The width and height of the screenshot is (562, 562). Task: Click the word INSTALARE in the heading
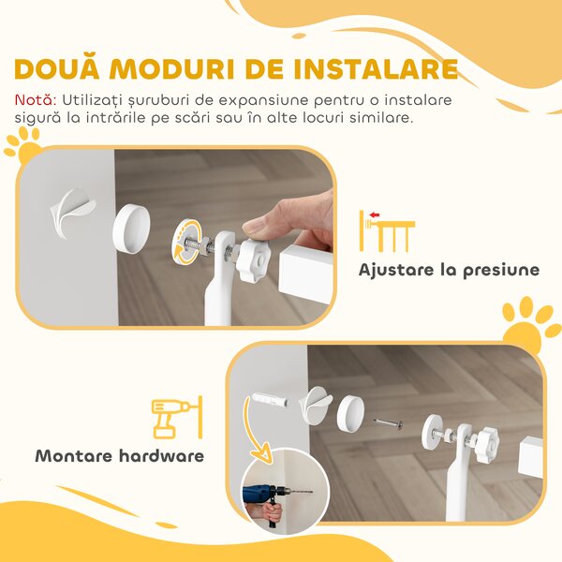click(x=376, y=68)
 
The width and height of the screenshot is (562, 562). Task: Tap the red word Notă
click(x=36, y=100)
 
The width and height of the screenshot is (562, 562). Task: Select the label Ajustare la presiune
click(x=449, y=270)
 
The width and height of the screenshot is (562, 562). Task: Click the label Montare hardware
click(x=120, y=456)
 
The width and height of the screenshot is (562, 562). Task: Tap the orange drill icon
click(x=177, y=418)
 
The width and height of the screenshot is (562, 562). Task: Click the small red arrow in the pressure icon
click(x=375, y=215)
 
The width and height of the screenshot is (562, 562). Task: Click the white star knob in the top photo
click(x=253, y=259)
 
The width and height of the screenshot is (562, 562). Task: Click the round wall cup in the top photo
click(x=131, y=229)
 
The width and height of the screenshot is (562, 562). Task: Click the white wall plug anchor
click(x=271, y=400)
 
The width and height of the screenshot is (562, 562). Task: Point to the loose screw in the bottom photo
click(x=388, y=423)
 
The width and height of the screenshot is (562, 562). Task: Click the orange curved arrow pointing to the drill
click(x=254, y=429)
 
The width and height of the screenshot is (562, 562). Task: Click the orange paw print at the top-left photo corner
click(x=23, y=146)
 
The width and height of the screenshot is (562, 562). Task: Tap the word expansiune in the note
click(x=263, y=101)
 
